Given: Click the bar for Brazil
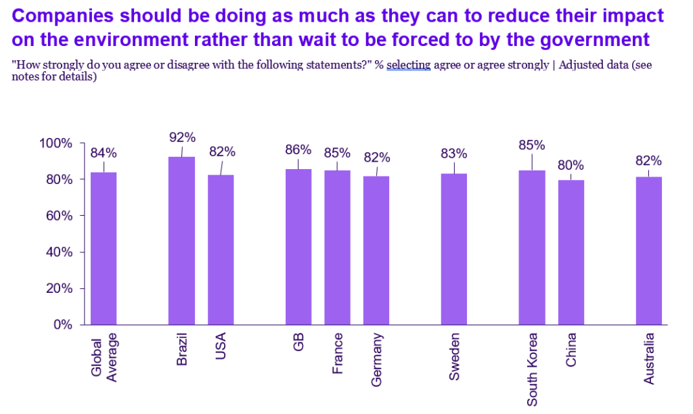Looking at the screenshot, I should [x=181, y=241].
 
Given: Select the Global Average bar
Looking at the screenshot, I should [x=104, y=248].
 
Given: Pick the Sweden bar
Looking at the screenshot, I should [x=453, y=249].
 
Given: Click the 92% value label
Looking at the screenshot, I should [x=182, y=137].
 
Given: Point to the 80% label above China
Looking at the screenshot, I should [x=571, y=166].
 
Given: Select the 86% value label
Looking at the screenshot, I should [x=298, y=149].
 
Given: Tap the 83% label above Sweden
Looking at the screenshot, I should [x=454, y=153].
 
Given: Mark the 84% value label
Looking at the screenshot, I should [x=104, y=152].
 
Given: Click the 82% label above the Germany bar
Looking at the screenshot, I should [x=377, y=158].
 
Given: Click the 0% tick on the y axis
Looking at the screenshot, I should [x=62, y=325].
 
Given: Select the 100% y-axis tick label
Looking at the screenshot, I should [x=55, y=143].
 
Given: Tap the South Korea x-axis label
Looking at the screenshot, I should [x=532, y=369].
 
